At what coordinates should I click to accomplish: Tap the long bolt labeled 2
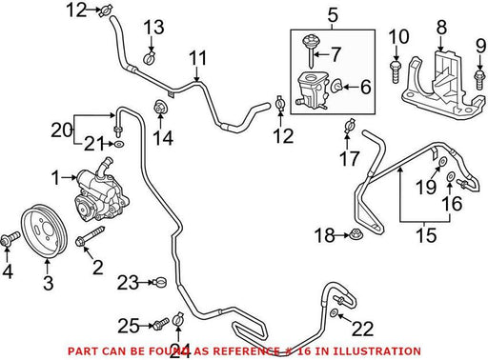click(x=91, y=236)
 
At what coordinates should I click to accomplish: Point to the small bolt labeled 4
click(x=10, y=239)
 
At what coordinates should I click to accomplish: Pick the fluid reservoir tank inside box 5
click(x=313, y=90)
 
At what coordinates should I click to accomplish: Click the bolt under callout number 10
click(x=396, y=71)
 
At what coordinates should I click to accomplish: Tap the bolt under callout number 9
click(x=479, y=80)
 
